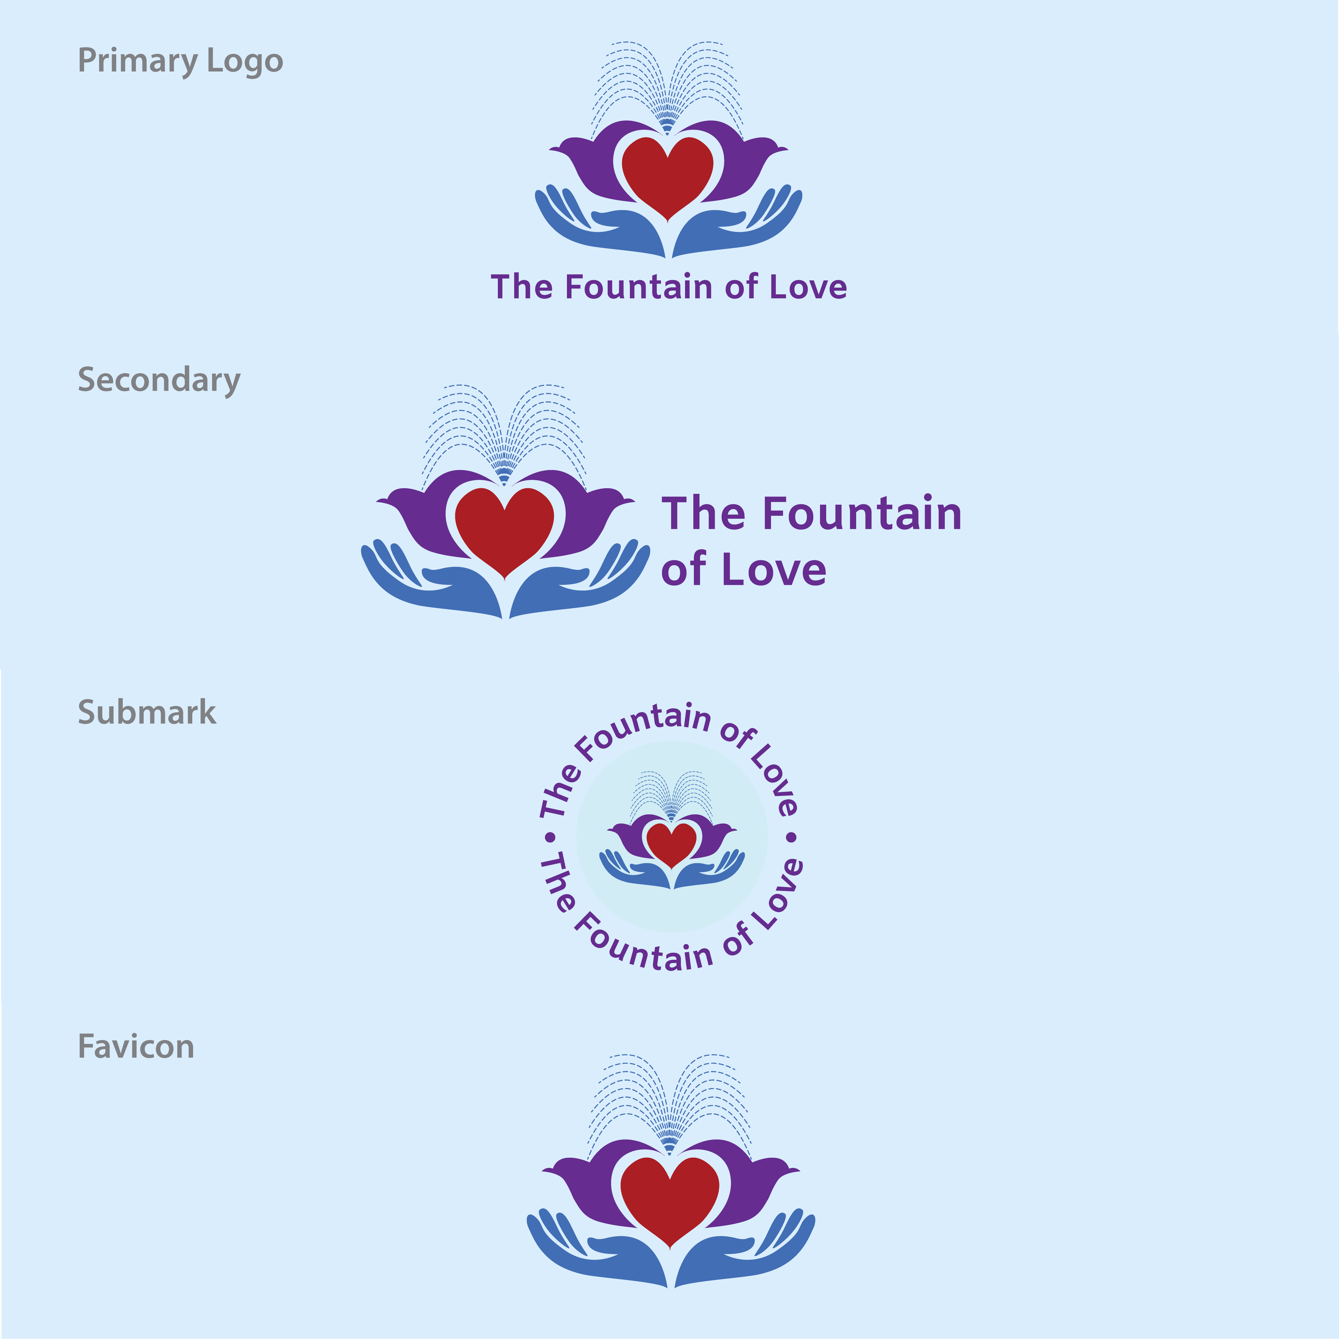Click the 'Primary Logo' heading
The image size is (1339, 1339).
180,61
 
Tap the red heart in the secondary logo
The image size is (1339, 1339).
505,527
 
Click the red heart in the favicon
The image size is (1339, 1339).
669,1198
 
